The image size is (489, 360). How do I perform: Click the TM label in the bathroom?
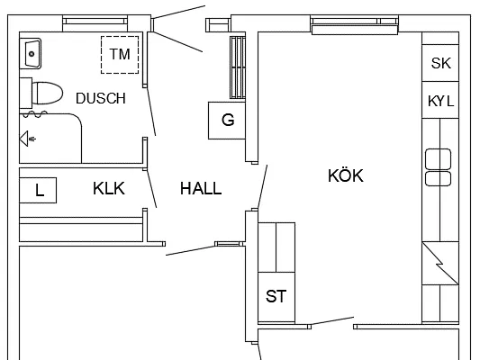pyautogui.click(x=120, y=54)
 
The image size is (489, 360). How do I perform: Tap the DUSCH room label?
pyautogui.click(x=101, y=98)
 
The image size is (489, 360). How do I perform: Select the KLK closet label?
pyautogui.click(x=109, y=188)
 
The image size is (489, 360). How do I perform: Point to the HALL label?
pyautogui.click(x=201, y=188)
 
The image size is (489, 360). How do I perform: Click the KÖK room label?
pyautogui.click(x=346, y=175)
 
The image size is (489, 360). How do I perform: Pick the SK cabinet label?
pyautogui.click(x=440, y=63)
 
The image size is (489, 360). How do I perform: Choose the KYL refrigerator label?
pyautogui.click(x=440, y=101)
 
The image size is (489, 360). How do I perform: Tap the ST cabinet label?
pyautogui.click(x=276, y=296)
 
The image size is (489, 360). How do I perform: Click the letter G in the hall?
pyautogui.click(x=228, y=120)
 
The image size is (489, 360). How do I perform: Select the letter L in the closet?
pyautogui.click(x=40, y=190)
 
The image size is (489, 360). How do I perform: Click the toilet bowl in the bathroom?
pyautogui.click(x=47, y=93)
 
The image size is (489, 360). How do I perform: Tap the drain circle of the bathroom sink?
pyautogui.click(x=32, y=54)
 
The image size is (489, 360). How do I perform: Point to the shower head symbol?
pyautogui.click(x=27, y=139)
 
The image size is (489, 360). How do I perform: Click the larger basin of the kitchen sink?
pyautogui.click(x=439, y=159)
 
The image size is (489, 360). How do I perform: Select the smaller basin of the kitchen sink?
pyautogui.click(x=439, y=178)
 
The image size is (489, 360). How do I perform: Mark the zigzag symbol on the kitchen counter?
pyautogui.click(x=440, y=264)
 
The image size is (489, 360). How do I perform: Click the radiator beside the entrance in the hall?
pyautogui.click(x=238, y=67)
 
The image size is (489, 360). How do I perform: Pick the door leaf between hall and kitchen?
pyautogui.click(x=263, y=187)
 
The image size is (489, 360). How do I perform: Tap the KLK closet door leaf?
pyautogui.click(x=151, y=189)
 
